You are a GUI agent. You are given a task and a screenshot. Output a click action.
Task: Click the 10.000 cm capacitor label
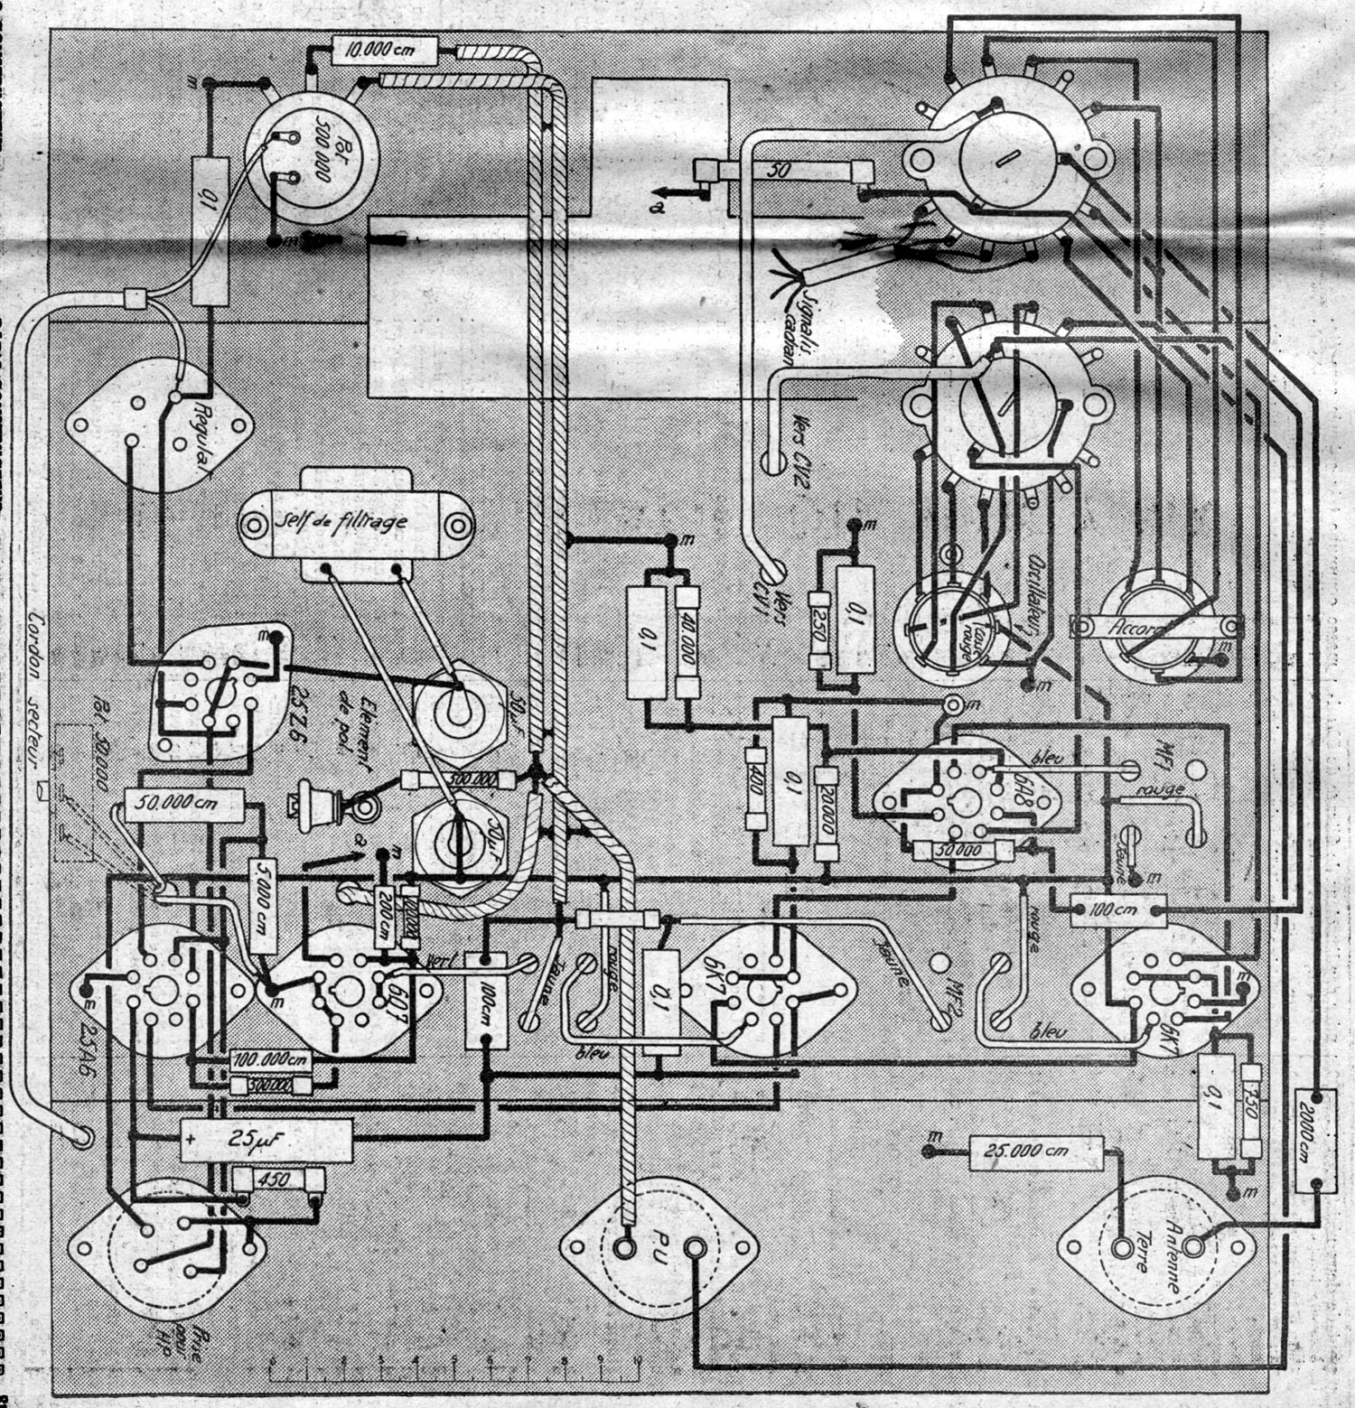click(385, 50)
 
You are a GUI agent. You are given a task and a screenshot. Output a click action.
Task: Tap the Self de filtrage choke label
click(354, 522)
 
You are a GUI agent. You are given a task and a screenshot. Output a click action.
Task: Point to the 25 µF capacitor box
click(266, 1141)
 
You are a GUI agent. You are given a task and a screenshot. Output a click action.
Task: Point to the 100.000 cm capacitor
click(271, 1059)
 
